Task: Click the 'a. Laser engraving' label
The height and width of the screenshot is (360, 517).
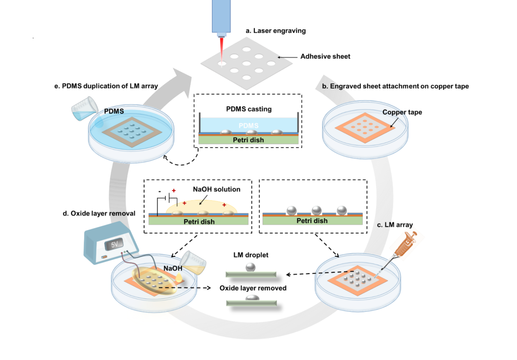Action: [x=276, y=31]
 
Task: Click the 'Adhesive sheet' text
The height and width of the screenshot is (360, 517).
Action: [x=325, y=56]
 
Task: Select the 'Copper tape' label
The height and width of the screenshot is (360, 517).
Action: [x=402, y=112]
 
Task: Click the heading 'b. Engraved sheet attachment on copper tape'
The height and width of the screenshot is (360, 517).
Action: [x=395, y=86]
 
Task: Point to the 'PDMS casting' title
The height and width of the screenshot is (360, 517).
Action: [x=249, y=109]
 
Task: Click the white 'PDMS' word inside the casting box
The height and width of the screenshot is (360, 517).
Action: [x=249, y=126]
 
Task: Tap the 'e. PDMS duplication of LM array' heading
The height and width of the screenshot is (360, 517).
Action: [x=106, y=86]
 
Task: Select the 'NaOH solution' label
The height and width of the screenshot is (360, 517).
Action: [x=217, y=189]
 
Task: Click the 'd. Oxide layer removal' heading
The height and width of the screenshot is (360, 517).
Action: [x=99, y=213]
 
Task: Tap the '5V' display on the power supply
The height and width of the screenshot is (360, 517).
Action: [x=114, y=245]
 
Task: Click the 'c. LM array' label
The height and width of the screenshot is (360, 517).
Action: [x=395, y=225]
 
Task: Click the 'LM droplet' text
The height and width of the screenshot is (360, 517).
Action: [x=251, y=255]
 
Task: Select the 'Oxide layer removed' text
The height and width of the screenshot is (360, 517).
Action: [x=253, y=288]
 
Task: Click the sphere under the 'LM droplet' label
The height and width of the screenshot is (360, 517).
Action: [x=250, y=267]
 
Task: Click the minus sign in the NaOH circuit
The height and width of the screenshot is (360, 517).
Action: [x=159, y=191]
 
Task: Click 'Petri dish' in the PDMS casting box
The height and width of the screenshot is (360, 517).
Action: [x=248, y=140]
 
